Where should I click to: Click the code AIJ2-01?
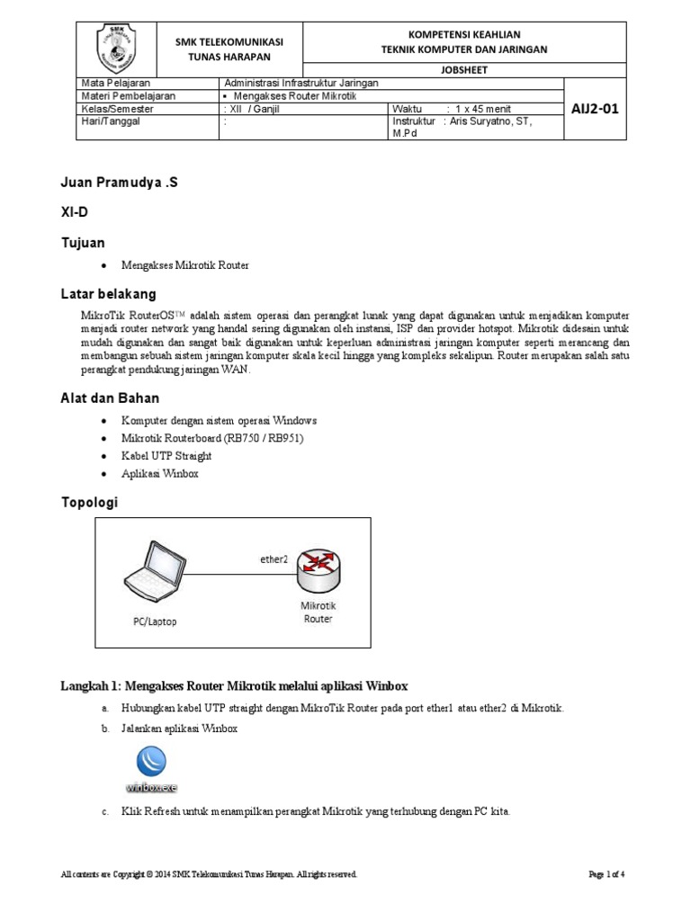tap(595, 109)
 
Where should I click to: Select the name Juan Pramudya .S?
tap(119, 183)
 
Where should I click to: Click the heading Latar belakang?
tap(108, 294)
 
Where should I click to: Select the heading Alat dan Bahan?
tap(110, 398)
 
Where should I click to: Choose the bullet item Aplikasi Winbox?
tap(160, 473)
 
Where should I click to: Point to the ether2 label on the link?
tap(274, 559)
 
